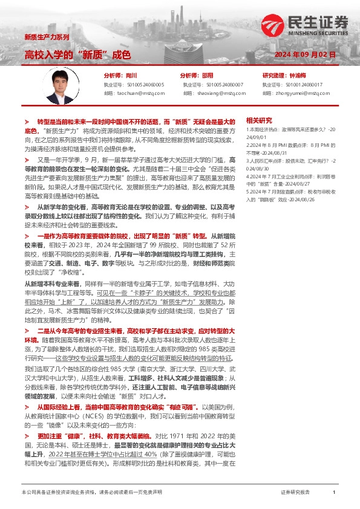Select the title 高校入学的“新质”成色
click(x=77, y=55)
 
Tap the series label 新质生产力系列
click(x=47, y=37)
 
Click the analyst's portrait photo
click(x=59, y=85)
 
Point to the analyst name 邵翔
click(x=207, y=75)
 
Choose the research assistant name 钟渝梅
click(x=298, y=75)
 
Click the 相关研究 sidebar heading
click(x=259, y=120)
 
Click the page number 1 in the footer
click(x=334, y=493)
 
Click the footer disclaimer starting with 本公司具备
click(x=91, y=493)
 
